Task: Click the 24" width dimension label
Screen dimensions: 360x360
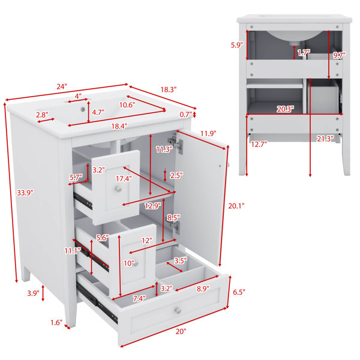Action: pos(62,87)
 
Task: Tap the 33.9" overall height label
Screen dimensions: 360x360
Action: pos(25,193)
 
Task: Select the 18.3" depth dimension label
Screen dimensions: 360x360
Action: pos(169,89)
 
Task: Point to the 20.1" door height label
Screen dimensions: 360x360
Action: pos(236,206)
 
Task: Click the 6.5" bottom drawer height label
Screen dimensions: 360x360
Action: pos(239,292)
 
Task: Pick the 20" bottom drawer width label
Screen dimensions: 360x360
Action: pos(181,332)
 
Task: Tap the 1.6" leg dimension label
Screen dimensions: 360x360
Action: pos(56,323)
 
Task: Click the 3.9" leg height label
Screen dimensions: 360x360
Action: pos(33,293)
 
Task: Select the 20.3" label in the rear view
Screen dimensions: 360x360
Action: pos(286,109)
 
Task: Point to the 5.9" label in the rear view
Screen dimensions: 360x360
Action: pos(237,45)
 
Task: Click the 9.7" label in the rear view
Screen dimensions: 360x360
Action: pos(340,55)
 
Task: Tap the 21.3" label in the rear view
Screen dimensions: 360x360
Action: pos(325,139)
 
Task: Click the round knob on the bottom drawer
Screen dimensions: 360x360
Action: pos(178,310)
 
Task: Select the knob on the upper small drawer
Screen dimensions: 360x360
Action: pos(118,189)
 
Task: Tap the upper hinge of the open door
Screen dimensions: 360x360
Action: pos(176,144)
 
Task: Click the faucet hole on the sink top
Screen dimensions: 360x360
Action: pos(83,109)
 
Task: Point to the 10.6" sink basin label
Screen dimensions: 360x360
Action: pos(127,105)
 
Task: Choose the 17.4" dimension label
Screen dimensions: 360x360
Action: pos(124,178)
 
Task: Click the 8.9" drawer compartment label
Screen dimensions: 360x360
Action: pos(203,289)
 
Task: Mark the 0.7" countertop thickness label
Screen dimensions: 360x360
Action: pos(185,115)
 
